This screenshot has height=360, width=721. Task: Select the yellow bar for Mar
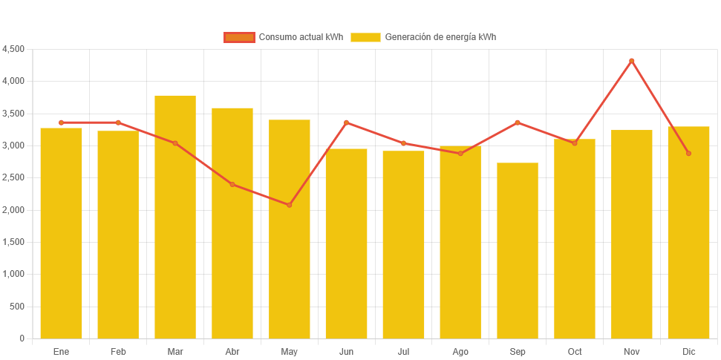point(175,217)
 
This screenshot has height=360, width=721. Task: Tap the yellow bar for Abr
point(232,223)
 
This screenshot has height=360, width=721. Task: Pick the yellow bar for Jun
point(346,243)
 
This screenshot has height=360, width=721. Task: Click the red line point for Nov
point(632,61)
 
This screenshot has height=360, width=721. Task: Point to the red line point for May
point(290,205)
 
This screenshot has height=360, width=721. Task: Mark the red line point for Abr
point(232,184)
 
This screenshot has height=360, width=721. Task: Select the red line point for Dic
point(688,154)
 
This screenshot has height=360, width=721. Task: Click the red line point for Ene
point(61,122)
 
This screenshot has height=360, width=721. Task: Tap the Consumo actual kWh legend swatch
point(239,37)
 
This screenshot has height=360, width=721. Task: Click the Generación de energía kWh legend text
point(440,37)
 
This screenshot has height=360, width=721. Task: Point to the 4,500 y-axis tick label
point(13,49)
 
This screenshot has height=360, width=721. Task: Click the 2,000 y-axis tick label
point(13,210)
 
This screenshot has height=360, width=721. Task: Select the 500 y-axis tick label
point(17,307)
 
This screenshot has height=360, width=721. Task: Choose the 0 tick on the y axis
point(22,338)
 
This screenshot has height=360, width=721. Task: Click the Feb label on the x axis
point(118,351)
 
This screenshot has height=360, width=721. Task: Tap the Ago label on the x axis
point(460,351)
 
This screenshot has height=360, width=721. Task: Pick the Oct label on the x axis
point(575,351)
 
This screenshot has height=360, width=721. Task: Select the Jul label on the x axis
point(403,351)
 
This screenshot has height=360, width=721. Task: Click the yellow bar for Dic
point(688,232)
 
